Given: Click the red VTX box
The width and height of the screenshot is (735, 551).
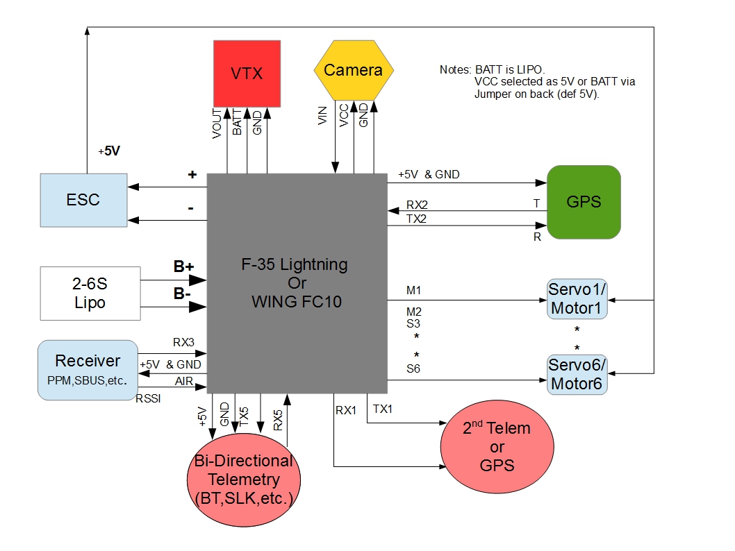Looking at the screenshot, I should coord(247,73).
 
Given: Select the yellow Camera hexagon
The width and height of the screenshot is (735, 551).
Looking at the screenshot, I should coord(354,70).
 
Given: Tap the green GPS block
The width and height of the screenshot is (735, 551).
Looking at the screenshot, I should coord(584,202).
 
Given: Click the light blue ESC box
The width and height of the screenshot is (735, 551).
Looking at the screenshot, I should coord(83,200).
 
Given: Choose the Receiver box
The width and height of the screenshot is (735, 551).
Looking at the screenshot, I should coord(88,369).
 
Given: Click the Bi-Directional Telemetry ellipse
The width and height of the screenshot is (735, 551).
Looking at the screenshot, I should coord(244,478).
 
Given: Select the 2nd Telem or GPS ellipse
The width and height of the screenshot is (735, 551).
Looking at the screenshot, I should coord(497,447).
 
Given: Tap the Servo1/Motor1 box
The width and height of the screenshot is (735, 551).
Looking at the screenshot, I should coord(577,298).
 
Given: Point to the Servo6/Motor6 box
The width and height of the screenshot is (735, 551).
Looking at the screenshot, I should coord(577,374).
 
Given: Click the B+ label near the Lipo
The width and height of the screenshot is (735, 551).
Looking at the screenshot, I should coord(183,266).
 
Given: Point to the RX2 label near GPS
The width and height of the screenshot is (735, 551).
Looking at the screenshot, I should coord(418,205).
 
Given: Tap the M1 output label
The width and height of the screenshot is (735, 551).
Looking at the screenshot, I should coord(414,289).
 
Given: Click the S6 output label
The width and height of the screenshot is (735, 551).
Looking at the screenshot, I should coord(413,368).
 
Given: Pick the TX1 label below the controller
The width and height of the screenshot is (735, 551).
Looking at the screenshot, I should coord(383,409).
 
